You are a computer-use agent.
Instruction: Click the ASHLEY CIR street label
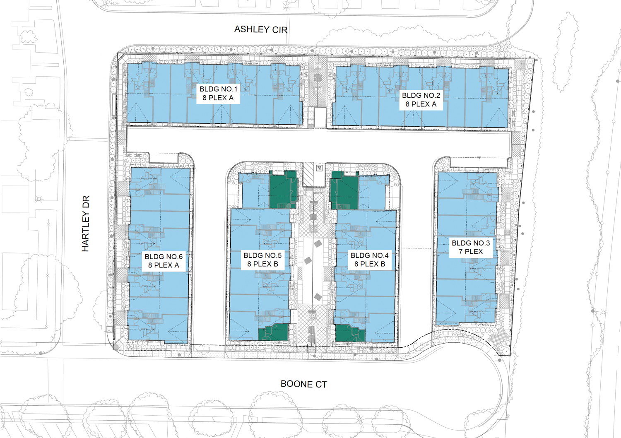261,29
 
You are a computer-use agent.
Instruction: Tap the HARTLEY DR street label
86,224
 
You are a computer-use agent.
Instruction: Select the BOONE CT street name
303,384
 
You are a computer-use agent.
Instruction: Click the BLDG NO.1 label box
218,94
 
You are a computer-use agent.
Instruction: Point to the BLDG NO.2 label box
421,100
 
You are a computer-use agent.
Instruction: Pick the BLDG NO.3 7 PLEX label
471,247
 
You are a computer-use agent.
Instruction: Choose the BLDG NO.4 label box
370,260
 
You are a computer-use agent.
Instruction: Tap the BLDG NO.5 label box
262,260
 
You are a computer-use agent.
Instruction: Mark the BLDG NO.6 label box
164,261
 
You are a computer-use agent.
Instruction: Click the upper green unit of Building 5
283,189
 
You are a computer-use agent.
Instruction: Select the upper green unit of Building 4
344,190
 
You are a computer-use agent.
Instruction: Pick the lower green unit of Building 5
273,332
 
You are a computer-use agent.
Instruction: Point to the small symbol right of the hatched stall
319,168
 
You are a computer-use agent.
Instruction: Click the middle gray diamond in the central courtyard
308,260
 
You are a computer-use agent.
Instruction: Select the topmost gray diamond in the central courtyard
318,244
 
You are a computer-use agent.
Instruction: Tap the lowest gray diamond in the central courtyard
318,297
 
